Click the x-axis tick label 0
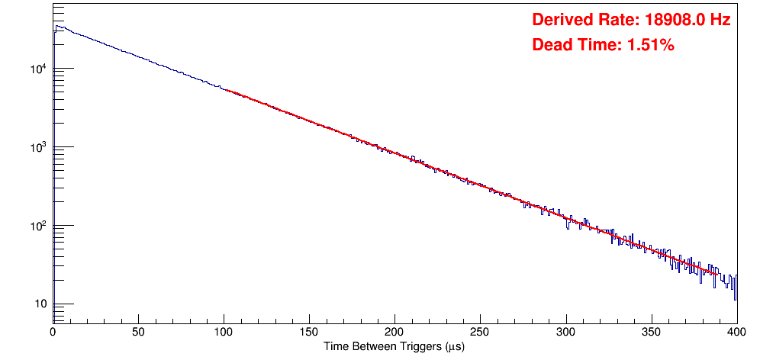(x=52, y=332)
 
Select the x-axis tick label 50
(x=138, y=332)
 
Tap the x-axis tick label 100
(x=224, y=332)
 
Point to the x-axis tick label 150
(x=309, y=332)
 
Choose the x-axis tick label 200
(x=394, y=332)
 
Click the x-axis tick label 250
(x=480, y=332)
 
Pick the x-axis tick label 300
(x=565, y=332)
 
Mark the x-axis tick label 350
(x=651, y=332)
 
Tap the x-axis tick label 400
(x=736, y=332)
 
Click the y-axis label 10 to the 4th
(x=37, y=69)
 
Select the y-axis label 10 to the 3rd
(x=37, y=147)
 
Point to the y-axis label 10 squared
(x=37, y=226)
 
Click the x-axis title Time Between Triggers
(x=394, y=346)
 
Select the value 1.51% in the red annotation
(x=650, y=45)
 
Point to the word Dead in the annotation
(x=551, y=45)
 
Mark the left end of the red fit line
(x=224, y=90)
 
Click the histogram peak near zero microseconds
(x=56, y=27)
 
